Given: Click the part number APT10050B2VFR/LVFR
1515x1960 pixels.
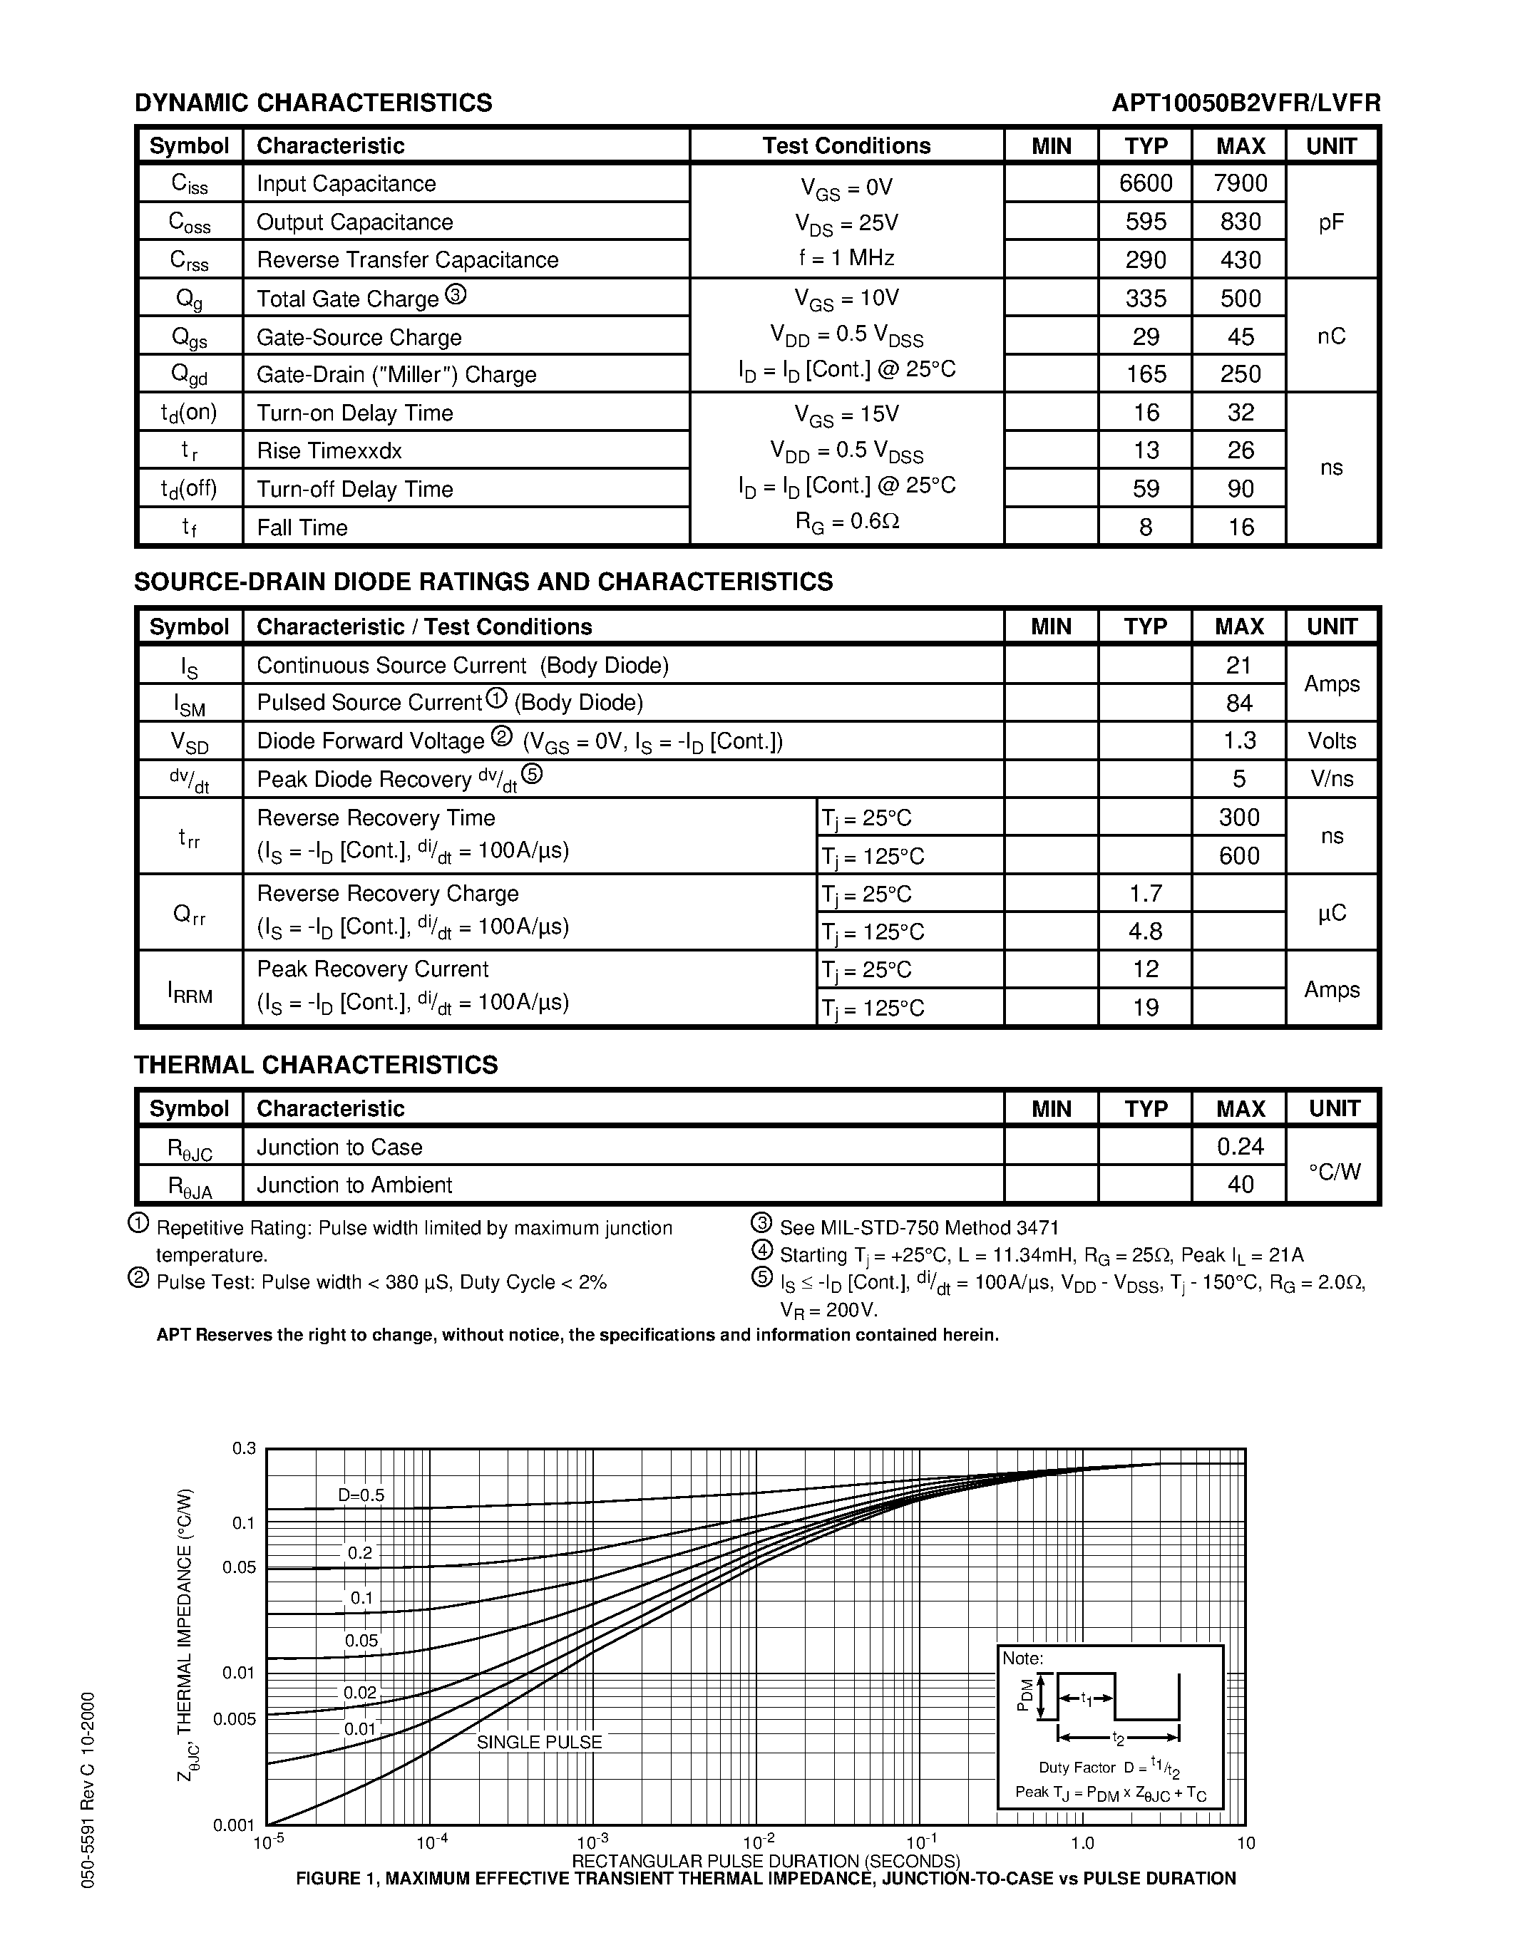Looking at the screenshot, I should pos(1246,103).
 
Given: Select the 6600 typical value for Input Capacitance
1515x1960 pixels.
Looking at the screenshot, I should pos(1145,183).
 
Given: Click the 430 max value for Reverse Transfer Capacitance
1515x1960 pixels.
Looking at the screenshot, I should pos(1241,260).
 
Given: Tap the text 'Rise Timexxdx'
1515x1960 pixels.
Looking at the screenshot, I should pos(329,450).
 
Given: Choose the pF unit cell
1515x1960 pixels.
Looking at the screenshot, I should pos(1331,222).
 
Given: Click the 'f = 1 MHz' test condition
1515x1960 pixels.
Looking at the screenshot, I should pos(846,259).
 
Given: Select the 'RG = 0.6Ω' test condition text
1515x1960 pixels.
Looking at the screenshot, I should pos(846,522).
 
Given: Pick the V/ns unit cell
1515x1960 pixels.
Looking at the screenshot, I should pos(1331,779).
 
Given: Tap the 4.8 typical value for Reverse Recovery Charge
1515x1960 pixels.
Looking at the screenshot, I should pos(1145,932).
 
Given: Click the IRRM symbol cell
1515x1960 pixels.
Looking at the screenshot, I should pos(190,990).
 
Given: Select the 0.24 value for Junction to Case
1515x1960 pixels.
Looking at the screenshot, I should pos(1241,1147).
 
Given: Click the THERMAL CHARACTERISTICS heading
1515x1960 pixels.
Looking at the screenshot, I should pos(315,1066).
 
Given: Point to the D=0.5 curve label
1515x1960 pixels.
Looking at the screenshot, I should pos(361,1495).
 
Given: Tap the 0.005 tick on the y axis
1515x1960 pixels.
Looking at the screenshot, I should pos(235,1718).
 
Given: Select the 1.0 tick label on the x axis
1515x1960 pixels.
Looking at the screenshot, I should pos(1082,1843).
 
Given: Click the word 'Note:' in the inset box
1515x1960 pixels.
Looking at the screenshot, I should pos(1022,1659).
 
